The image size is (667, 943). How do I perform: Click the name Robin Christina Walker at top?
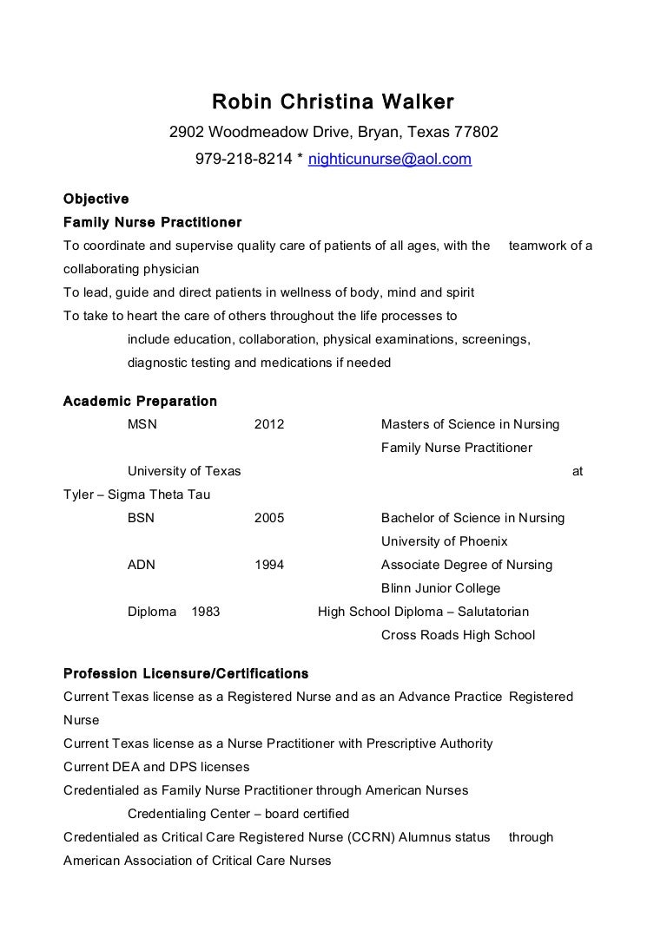pos(333,103)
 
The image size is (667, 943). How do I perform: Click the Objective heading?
pos(96,199)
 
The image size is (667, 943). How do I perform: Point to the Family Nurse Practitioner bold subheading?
pos(153,222)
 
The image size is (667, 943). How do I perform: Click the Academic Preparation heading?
pos(141,402)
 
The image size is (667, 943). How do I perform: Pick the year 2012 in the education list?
pos(269,425)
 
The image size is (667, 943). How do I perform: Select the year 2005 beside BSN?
pos(269,518)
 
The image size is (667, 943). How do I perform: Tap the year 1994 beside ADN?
pos(269,565)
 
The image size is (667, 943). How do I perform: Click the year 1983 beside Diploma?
pos(205,612)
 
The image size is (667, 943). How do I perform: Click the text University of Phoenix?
pos(444,541)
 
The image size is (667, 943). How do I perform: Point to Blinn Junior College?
pos(440,588)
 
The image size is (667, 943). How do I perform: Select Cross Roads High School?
pos(458,635)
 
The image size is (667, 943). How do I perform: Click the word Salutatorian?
pos(492,612)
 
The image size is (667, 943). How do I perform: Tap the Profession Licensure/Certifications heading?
pos(186,673)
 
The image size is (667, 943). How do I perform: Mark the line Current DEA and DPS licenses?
pos(156,767)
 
